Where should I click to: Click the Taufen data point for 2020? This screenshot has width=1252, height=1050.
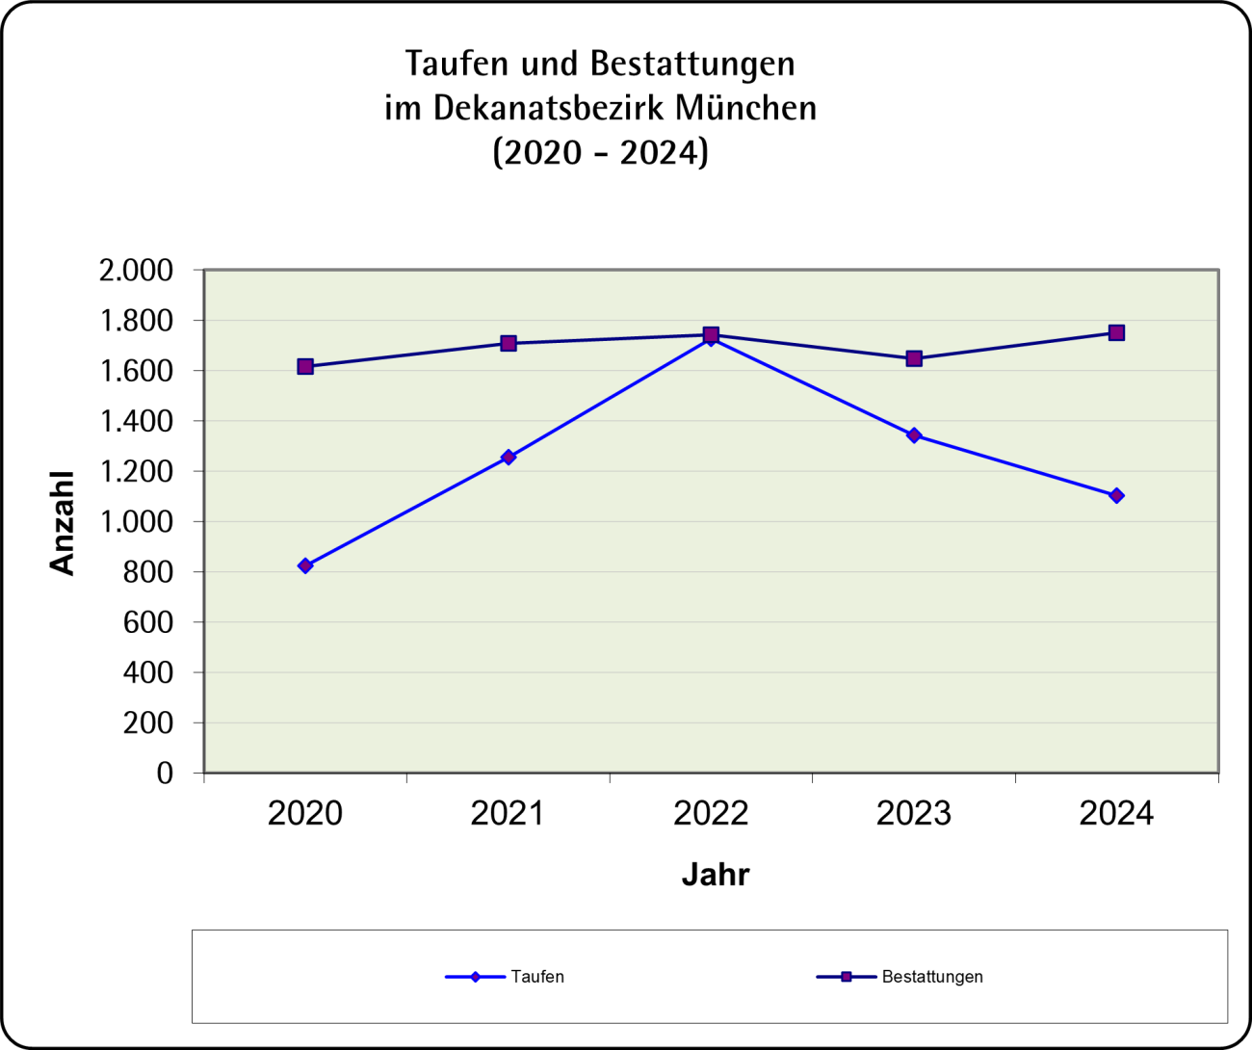(x=305, y=565)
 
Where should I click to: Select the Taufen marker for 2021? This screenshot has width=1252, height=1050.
(x=509, y=457)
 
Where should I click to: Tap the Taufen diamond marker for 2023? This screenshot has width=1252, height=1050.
(x=914, y=435)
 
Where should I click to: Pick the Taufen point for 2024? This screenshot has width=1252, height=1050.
(x=1116, y=495)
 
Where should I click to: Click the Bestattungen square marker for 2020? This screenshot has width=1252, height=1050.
(x=305, y=366)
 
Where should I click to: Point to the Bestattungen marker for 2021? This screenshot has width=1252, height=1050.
(x=509, y=343)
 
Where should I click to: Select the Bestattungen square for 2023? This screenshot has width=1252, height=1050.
(x=914, y=358)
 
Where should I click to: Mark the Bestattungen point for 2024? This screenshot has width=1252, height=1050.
(x=1116, y=332)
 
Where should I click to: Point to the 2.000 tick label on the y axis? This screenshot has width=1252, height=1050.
(x=136, y=271)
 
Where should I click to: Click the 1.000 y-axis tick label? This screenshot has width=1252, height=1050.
(x=136, y=522)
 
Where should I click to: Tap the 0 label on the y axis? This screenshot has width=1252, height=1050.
(x=165, y=774)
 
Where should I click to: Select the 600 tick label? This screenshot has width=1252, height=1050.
(x=147, y=622)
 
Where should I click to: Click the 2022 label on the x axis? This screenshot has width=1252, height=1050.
(x=711, y=814)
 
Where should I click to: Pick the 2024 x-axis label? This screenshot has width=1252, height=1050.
(x=1116, y=814)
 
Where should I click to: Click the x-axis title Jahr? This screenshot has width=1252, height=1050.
(x=715, y=875)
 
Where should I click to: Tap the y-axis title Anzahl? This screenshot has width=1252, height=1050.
(x=62, y=523)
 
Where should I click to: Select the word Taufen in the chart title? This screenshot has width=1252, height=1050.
(x=457, y=64)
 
